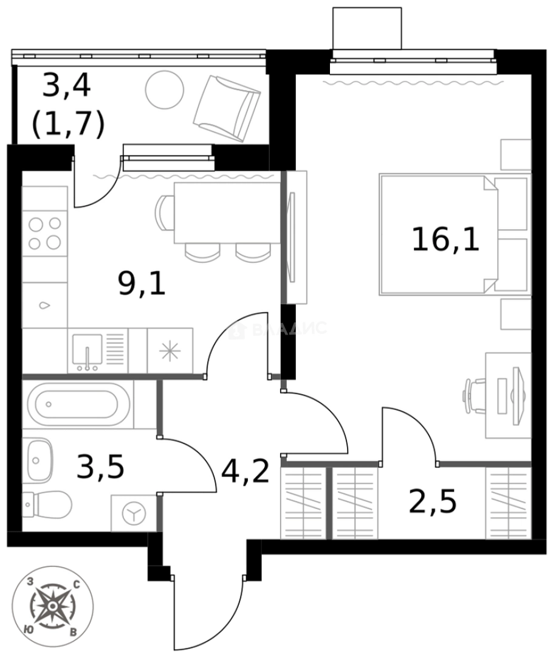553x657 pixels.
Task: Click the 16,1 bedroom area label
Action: (445, 238)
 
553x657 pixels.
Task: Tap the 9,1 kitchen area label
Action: (142, 283)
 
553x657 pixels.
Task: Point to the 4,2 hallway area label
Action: (245, 471)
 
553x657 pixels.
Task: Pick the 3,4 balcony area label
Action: (66, 86)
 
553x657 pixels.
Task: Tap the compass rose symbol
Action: (53, 606)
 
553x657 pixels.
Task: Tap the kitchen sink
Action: (88, 351)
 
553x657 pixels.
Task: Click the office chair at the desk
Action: (476, 396)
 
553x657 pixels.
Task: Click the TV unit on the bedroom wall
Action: (294, 237)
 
